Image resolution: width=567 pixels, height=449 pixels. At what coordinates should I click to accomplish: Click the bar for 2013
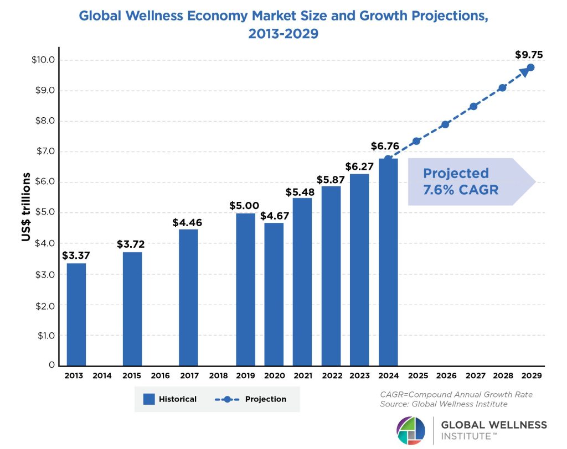coord(76,314)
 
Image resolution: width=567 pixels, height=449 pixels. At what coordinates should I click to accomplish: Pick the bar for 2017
coord(188,297)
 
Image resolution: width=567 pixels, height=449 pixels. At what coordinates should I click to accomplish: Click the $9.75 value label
coord(528,54)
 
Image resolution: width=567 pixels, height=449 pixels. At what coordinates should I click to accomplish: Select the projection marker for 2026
coord(445,124)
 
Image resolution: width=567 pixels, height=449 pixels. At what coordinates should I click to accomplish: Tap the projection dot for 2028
coord(502,87)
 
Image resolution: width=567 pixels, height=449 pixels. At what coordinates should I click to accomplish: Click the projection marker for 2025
coord(416,141)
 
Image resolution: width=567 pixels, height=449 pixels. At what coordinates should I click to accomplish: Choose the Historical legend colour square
coord(148,399)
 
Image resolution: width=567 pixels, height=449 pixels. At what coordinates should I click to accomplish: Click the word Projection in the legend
coord(266,399)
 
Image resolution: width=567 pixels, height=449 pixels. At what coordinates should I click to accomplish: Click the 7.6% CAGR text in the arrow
coord(461,190)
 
